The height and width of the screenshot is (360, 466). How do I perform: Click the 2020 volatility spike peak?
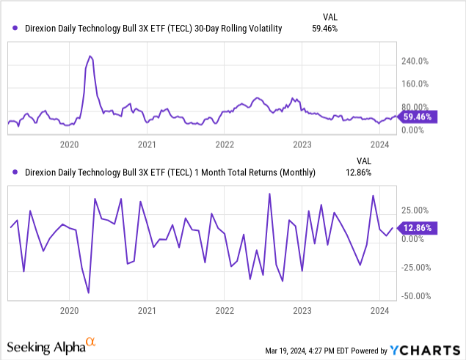90,56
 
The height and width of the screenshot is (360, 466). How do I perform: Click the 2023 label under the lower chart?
302,311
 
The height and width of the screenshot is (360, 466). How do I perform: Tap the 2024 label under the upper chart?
379,144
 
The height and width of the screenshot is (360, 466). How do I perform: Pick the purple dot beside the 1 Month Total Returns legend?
15,172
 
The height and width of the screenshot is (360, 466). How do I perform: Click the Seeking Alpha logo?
51,345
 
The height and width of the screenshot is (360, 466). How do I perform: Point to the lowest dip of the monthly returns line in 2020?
89,293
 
